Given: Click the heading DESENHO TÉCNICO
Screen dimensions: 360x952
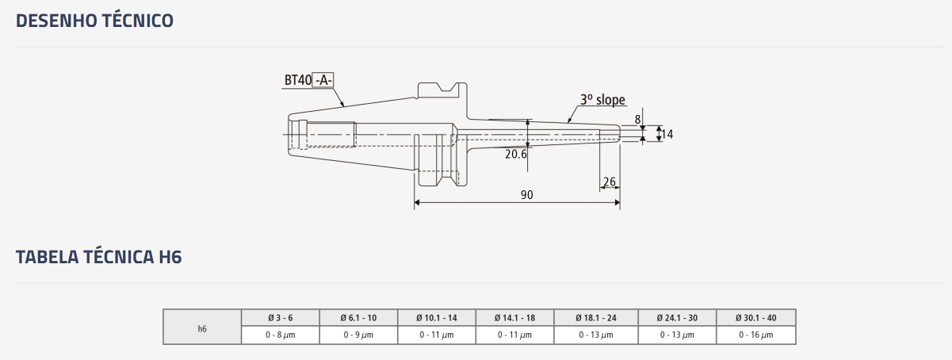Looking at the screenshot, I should pos(94,21).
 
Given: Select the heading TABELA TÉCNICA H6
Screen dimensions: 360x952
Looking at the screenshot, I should pos(99,257).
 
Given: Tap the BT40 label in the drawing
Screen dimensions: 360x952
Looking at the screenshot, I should pos(298,80).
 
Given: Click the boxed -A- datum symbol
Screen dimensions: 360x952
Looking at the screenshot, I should pos(323,80).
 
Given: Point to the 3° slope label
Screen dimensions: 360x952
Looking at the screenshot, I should pos(602,100).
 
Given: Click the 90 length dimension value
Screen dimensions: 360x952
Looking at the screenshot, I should pos(527,195).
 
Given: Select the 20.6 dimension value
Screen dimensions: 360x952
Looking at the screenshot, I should pos(516,155).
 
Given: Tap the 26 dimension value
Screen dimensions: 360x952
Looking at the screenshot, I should pos(609,182).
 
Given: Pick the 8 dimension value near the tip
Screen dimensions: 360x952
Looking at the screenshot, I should pos(637,120).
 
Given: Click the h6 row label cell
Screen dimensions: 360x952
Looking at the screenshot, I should pos(202,327).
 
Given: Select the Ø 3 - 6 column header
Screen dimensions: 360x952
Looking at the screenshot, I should pos(280,318).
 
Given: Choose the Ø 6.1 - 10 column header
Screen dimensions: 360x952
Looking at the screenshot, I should pos(358,318).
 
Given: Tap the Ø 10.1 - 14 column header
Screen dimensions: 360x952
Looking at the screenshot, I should pos(437,318).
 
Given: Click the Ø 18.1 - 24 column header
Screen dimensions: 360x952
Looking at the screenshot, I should pos(596,318).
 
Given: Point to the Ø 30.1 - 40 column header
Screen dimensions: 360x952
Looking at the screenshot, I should pos(756,318).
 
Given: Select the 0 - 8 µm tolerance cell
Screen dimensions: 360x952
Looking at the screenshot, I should pos(280,335).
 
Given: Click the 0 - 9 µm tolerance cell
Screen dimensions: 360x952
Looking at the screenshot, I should pos(358,335).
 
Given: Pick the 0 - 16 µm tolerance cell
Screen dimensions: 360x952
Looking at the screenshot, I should pos(756,335).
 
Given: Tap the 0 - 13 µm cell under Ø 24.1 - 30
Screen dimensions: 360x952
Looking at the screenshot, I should pos(677,335).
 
